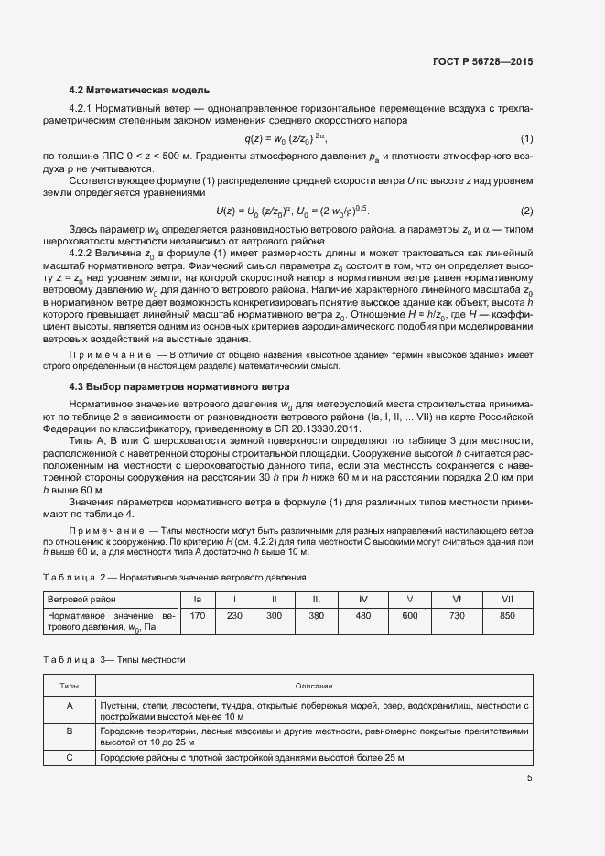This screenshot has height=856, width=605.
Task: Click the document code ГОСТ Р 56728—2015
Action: pos(482,61)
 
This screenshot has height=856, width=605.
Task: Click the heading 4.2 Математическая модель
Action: pos(140,90)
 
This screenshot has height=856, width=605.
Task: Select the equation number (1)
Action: pos(526,138)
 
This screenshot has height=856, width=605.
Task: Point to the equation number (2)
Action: pos(526,211)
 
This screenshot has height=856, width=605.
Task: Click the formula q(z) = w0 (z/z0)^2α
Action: pos(285,138)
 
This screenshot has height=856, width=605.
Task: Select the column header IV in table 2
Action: pos(363,599)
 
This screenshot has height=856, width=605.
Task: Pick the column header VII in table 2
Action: pos(507,599)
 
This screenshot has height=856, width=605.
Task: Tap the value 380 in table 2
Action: pos(317,616)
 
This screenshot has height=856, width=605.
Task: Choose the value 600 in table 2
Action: pos(409,616)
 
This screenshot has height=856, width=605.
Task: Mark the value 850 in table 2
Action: pos(507,616)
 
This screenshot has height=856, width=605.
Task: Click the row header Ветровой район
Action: pos(81,599)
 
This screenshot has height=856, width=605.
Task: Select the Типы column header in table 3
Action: pos(70,686)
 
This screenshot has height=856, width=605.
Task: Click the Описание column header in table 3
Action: pos(313,686)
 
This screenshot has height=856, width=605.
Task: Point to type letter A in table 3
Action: pos(70,705)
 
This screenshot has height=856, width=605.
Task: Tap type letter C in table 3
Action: pos(70,759)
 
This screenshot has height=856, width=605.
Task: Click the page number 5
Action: pos(529,779)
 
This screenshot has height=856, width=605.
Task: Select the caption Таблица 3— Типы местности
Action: pos(114,658)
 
